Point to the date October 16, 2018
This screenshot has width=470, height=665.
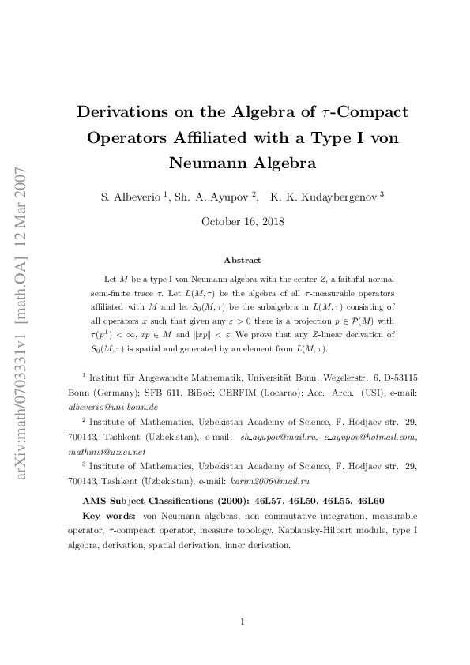point(243,221)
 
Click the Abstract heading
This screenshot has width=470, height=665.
point(243,260)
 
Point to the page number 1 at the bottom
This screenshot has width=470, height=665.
point(243,622)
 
